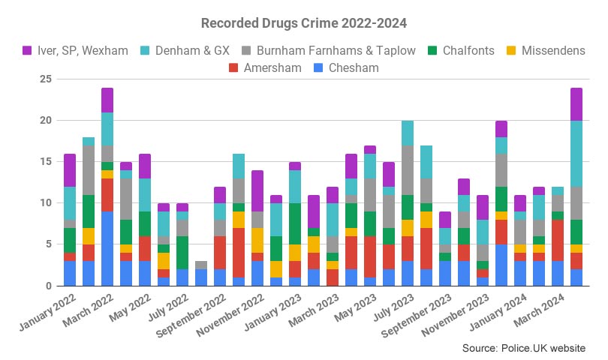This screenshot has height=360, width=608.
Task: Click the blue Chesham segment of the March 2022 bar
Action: click(107, 248)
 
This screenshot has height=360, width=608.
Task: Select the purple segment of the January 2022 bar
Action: click(70, 170)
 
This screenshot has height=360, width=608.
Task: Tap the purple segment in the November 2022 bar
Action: click(257, 190)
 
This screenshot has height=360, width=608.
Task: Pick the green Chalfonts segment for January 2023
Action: click(295, 223)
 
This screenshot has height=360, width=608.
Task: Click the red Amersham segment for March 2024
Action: click(558, 240)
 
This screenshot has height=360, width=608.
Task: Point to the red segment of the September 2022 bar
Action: click(220, 253)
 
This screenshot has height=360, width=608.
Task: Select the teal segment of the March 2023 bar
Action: click(333, 220)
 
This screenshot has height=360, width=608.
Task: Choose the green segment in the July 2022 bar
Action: click(182, 253)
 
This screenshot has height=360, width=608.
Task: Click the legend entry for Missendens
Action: click(546, 50)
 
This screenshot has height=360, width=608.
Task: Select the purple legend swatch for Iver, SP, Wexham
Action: click(27, 50)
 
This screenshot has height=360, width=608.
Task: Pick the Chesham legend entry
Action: click(346, 67)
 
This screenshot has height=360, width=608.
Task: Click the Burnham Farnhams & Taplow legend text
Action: click(336, 50)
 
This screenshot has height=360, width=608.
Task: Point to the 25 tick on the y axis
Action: click(45, 79)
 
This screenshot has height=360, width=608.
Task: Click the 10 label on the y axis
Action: click(45, 202)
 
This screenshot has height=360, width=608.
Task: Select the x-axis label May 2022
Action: click(130, 307)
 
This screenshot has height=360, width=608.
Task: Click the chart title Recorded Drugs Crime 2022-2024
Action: click(304, 23)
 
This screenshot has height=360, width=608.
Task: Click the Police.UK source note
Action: click(524, 348)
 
